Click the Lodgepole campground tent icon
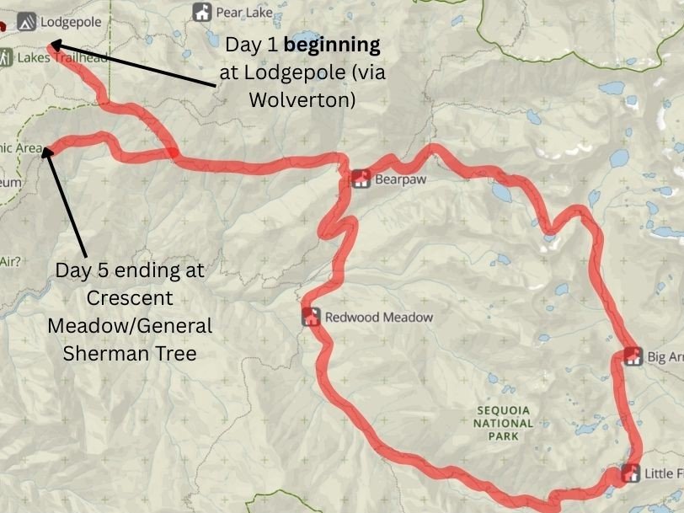(x=25, y=20)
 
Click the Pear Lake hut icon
(x=201, y=12)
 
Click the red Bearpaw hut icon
(x=361, y=179)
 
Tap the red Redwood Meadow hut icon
(x=311, y=317)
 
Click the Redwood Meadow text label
(x=379, y=318)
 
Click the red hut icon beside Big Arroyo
(x=633, y=356)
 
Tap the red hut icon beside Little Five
(x=630, y=473)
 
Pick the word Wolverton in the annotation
(x=302, y=99)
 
